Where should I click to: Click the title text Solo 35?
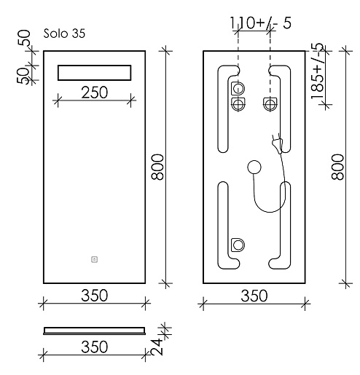pyautogui.click(x=64, y=33)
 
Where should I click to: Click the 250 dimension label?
pyautogui.click(x=94, y=92)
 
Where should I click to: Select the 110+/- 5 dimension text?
pyautogui.click(x=260, y=23)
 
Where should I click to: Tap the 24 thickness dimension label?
pyautogui.click(x=157, y=347)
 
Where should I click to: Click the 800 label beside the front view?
pyautogui.click(x=157, y=167)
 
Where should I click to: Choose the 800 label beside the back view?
pyautogui.click(x=338, y=167)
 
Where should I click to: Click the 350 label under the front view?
pyautogui.click(x=94, y=296)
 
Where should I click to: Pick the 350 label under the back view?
pyautogui.click(x=254, y=296)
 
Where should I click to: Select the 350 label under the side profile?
pyautogui.click(x=94, y=347)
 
